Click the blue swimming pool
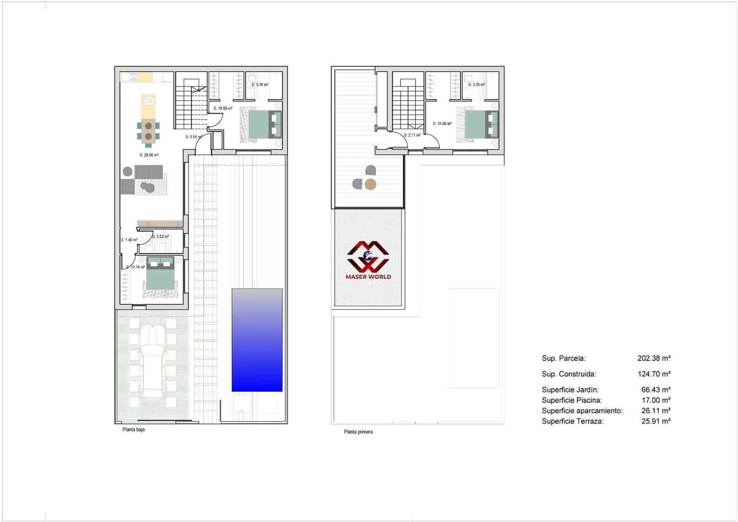(x=257, y=340)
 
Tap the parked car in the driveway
(x=153, y=360)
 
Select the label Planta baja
(x=133, y=430)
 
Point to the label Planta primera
(x=358, y=432)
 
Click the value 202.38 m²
(x=654, y=358)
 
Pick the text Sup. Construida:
(x=569, y=374)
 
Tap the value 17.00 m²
(x=656, y=400)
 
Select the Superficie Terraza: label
(x=572, y=421)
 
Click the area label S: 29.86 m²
(x=149, y=155)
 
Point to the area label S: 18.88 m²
(x=223, y=109)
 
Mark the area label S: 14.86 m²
(x=442, y=124)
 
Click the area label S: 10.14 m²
(x=136, y=267)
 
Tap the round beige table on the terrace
(x=370, y=185)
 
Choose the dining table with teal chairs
(x=149, y=131)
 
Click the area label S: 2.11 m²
(x=412, y=135)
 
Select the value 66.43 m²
(x=656, y=390)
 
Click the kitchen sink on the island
(x=148, y=101)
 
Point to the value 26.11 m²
(x=656, y=411)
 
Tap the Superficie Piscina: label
(x=571, y=401)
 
